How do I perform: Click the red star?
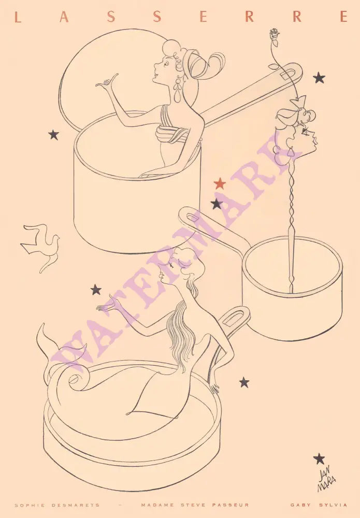[220, 184]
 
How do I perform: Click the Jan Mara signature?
[326, 478]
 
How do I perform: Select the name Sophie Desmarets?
[57, 505]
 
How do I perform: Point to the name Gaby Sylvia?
[319, 505]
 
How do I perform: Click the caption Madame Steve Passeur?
[195, 505]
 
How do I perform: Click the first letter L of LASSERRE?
[18, 17]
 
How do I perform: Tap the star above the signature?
[319, 458]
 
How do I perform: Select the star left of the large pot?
[53, 135]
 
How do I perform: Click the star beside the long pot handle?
[319, 78]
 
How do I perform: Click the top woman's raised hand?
[107, 82]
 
